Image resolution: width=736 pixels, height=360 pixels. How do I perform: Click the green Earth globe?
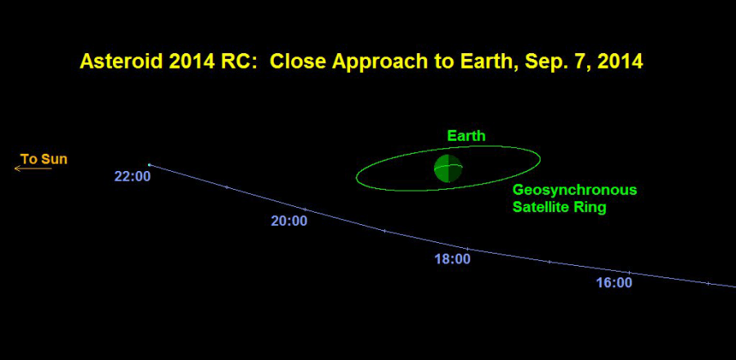448,168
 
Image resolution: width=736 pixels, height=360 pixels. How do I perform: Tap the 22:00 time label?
132,177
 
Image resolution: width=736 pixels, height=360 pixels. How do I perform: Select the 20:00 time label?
289,221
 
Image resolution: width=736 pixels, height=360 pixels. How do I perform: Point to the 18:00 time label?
452,259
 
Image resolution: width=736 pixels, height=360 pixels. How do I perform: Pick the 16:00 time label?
614,283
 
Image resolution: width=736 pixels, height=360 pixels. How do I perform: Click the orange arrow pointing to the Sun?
33,168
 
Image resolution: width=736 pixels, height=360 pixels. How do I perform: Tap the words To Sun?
43,159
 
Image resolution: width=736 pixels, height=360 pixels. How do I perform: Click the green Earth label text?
466,136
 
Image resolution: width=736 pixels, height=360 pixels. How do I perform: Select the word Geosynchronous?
575,190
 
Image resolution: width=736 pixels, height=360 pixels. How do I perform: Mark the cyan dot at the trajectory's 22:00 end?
150,164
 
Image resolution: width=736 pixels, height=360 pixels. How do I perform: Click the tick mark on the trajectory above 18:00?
467,248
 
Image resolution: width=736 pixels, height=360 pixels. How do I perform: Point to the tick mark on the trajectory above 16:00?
629,272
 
